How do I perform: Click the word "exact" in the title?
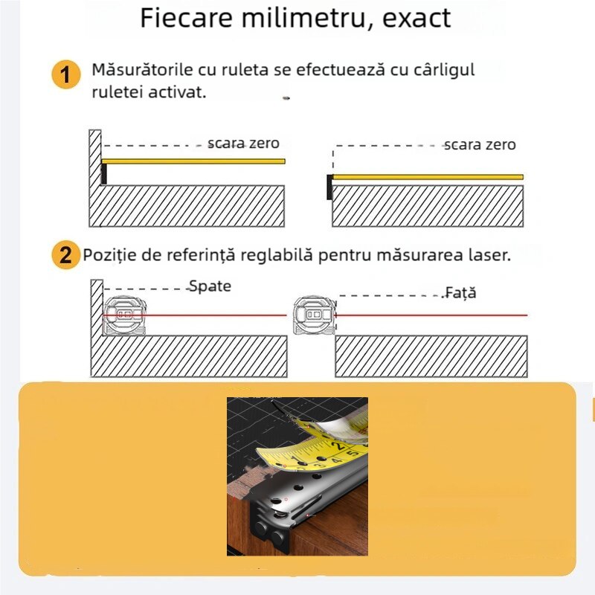point(416,18)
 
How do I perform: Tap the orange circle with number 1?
point(66,74)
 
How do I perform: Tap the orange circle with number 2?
point(66,254)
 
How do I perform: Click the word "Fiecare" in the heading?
point(187,17)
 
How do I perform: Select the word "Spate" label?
point(210,286)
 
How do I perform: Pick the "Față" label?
point(460,292)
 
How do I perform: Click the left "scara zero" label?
point(243,143)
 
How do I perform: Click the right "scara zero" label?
point(480,144)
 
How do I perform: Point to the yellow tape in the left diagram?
point(193,161)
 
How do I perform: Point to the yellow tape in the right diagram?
point(428,177)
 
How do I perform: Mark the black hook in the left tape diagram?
point(103,174)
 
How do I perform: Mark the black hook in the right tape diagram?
point(329,187)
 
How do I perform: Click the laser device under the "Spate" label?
point(124,315)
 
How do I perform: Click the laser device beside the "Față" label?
point(315,315)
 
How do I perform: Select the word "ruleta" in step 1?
point(245,70)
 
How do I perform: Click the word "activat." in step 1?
point(177,92)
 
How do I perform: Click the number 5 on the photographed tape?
point(352,453)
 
